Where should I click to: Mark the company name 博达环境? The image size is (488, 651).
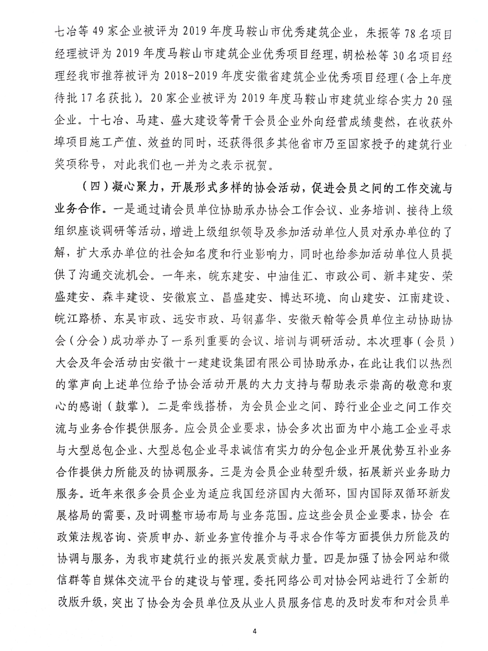click(303, 298)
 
